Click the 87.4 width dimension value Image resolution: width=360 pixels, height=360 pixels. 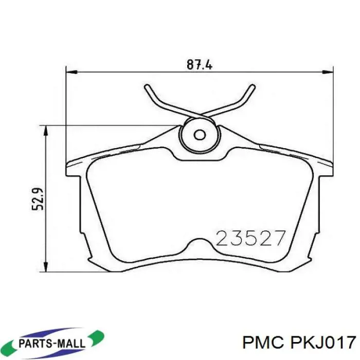(x=200, y=64)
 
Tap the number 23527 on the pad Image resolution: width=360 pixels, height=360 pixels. (x=251, y=238)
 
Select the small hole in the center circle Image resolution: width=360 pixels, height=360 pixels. (x=200, y=135)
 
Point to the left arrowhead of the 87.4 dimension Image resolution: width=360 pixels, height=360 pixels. (x=71, y=72)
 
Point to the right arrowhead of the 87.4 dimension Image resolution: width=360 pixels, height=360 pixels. (x=328, y=72)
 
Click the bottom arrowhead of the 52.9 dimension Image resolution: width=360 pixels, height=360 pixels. (x=46, y=267)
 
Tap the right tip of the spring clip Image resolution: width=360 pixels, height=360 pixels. (x=253, y=86)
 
